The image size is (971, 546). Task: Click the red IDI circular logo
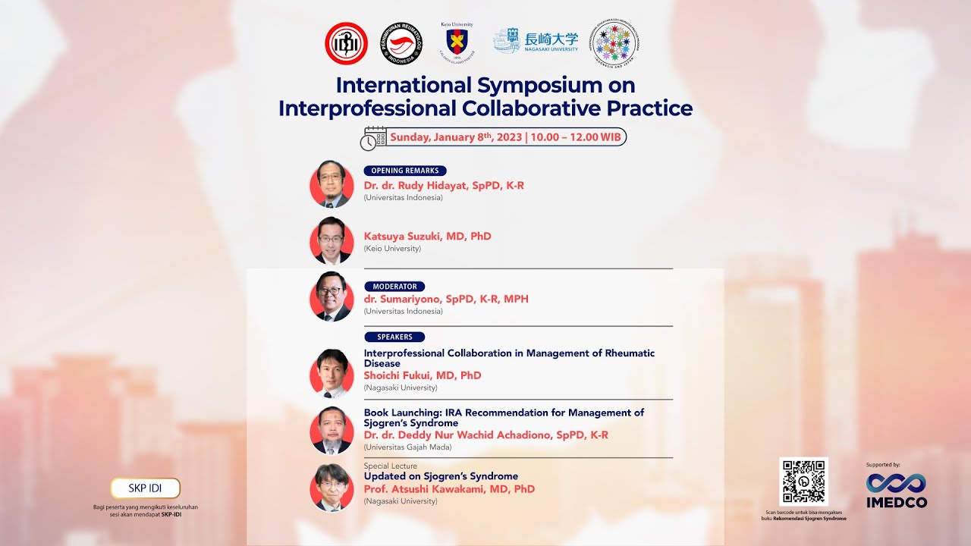(x=346, y=43)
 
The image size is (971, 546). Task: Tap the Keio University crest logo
(x=457, y=42)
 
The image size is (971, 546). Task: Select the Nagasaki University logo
(x=536, y=41)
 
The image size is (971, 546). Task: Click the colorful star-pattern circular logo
(x=617, y=43)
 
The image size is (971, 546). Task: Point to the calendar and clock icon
(x=373, y=137)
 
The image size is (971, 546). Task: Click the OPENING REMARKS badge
(x=405, y=171)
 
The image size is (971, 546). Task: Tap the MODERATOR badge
(x=394, y=287)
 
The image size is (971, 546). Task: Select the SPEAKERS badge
(x=394, y=337)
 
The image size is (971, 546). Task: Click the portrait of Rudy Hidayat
(x=332, y=184)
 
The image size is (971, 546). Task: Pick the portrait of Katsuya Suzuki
(x=332, y=240)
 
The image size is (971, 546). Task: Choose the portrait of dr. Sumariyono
(x=332, y=297)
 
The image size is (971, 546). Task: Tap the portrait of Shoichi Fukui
(x=332, y=373)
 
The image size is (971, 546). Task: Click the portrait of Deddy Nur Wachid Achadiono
(x=332, y=431)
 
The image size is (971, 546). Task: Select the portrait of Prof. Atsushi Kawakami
(x=332, y=487)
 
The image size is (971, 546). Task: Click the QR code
(x=803, y=482)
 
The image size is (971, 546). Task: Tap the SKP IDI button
(x=146, y=488)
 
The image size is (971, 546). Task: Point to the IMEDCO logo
(x=896, y=490)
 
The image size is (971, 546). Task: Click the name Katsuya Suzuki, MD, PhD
(x=427, y=236)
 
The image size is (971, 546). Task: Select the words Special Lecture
(x=390, y=466)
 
